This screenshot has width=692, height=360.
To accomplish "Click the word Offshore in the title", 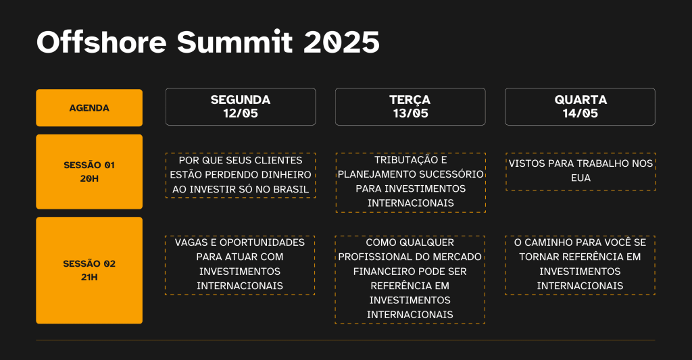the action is point(101,42).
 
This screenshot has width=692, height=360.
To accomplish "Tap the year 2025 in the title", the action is point(341,43).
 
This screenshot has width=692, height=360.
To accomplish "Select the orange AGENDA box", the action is point(89,107).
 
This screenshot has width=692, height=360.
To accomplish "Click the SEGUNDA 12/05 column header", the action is point(241,107).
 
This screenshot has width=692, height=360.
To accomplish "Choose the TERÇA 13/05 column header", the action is point(410,107).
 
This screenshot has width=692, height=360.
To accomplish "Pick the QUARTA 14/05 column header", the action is point(580,107).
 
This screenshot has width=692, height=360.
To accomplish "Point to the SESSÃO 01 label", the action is point(89,165).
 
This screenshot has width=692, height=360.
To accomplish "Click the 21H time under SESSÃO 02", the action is point(89,277).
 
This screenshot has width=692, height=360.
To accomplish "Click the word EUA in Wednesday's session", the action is point(580,178).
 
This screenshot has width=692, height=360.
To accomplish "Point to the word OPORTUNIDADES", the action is point(262,242).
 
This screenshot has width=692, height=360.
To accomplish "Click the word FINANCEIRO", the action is point(387,272).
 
